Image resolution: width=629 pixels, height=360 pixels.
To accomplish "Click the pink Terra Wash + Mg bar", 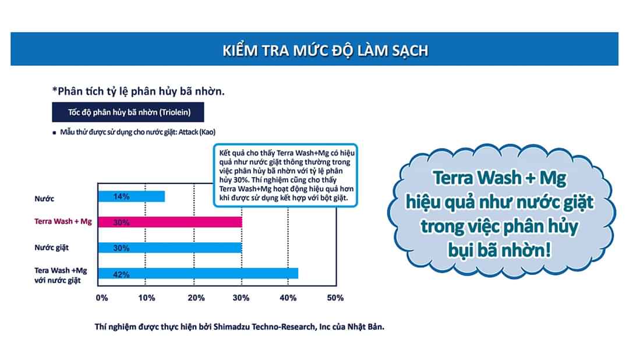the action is [x=170, y=222].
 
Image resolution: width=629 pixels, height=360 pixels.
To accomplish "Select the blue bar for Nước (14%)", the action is [x=132, y=196].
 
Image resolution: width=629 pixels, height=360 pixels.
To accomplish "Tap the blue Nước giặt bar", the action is [x=170, y=248].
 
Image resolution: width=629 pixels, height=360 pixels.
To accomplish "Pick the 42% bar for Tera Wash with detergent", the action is [x=198, y=273].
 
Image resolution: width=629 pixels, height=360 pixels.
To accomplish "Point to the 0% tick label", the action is [x=102, y=298].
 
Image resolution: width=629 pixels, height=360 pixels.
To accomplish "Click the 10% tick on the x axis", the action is [x=146, y=298].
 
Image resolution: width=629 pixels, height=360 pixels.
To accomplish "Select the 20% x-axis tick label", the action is [x=196, y=298].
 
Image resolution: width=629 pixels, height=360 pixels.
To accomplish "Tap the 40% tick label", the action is [x=288, y=298].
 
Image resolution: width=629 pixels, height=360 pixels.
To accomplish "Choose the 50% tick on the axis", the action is [x=335, y=298].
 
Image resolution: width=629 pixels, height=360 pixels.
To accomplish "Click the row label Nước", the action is [x=44, y=199].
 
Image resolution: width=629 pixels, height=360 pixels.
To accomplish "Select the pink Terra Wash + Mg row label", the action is [x=63, y=221].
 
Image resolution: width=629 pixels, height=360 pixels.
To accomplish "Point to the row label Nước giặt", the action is [x=51, y=248].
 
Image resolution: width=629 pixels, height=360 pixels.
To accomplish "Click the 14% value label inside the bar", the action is [x=121, y=196].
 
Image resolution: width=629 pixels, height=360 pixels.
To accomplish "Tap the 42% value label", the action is [x=121, y=274].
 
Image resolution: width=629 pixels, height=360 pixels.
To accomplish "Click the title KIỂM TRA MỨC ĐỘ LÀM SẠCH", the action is [x=326, y=50].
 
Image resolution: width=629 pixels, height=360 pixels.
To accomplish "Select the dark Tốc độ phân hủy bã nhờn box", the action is [x=128, y=112].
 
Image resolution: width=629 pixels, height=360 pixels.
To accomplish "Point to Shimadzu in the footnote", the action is [x=231, y=327].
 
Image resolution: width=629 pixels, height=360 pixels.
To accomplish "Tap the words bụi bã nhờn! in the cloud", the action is [x=500, y=250].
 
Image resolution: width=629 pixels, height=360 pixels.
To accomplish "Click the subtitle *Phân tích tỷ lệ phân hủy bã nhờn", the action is [x=139, y=91].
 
